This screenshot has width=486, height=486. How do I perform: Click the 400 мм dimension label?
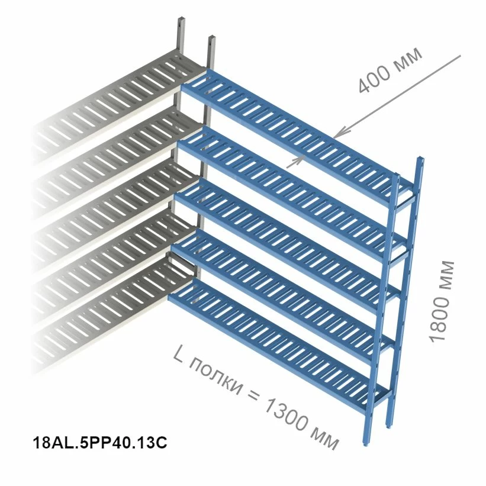click(390, 70)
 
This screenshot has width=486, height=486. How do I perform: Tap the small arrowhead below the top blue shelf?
click(299, 159)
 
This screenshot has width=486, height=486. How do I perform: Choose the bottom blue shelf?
click(279, 346)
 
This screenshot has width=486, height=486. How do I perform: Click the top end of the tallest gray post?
click(181, 19)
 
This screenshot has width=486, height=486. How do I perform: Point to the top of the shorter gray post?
click(212, 37)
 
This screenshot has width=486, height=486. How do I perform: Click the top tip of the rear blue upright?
click(421, 158)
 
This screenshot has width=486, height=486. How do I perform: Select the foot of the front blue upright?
click(366, 444)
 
